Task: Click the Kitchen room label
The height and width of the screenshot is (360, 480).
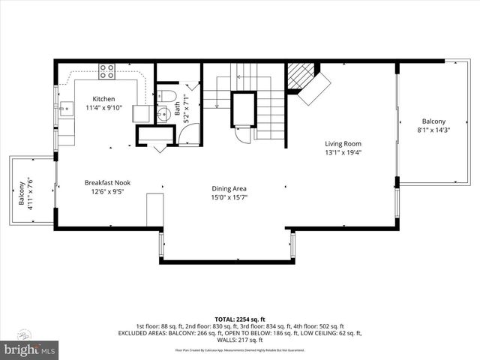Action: click(103, 99)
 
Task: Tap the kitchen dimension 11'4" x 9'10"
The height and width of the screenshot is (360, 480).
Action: click(103, 108)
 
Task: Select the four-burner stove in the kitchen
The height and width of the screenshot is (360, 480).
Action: click(107, 73)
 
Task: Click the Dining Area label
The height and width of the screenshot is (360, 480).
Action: click(229, 189)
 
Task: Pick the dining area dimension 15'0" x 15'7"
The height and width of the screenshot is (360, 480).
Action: click(229, 198)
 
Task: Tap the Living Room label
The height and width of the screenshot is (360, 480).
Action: click(343, 144)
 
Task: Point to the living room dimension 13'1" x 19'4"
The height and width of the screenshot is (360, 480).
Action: click(343, 153)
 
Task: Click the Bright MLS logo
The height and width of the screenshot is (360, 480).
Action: click(30, 349)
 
